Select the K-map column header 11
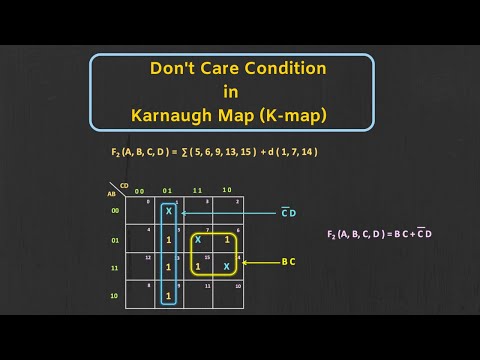(197, 189)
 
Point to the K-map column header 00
(140, 189)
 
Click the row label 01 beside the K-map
(115, 240)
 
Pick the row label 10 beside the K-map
(115, 296)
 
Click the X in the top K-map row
(169, 212)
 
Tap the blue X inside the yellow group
(198, 240)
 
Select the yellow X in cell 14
(227, 267)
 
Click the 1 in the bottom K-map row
(169, 296)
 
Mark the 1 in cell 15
(198, 267)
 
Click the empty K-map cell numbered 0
(140, 212)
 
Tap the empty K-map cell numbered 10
(227, 296)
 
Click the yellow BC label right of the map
(288, 264)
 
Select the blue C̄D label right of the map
(288, 213)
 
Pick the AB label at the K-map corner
(113, 194)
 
